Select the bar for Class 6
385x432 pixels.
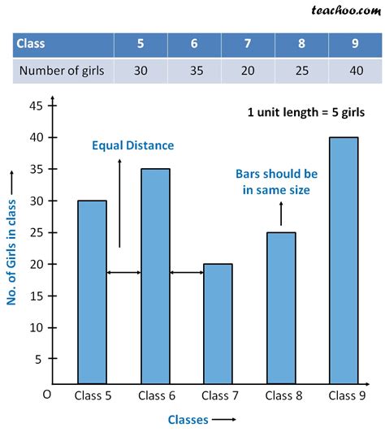click(154, 275)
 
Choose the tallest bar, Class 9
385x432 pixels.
click(344, 260)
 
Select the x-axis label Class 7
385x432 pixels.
click(218, 395)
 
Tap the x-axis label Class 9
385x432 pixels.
click(344, 395)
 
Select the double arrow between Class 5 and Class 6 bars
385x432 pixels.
click(123, 272)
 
